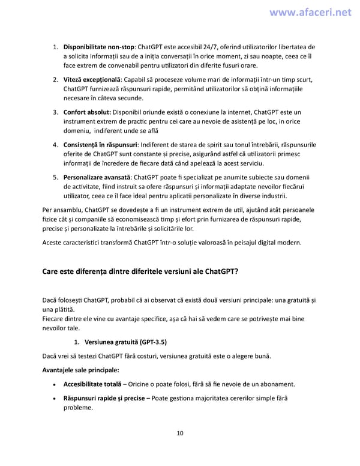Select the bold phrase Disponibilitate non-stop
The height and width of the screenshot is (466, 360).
[x=98, y=47]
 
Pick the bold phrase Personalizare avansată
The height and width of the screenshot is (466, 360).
[x=97, y=177]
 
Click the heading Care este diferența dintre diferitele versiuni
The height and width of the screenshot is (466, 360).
[x=140, y=271]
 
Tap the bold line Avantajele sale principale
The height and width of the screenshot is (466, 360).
[x=80, y=369]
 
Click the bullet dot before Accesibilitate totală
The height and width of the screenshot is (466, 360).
[x=55, y=384]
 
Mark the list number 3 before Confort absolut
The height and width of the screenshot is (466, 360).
[x=55, y=112]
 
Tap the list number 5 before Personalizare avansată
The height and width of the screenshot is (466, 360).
[x=55, y=177]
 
